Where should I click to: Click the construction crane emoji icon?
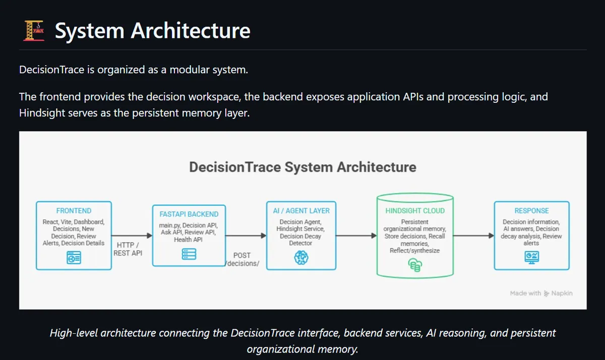[34, 31]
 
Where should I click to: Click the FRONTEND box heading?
[74, 211]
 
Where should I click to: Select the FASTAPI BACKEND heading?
[189, 214]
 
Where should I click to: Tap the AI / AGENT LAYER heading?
[301, 211]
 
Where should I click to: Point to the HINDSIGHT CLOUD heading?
[415, 211]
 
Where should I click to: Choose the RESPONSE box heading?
[531, 211]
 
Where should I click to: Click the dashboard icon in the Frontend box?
[74, 258]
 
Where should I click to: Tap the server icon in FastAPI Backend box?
[189, 254]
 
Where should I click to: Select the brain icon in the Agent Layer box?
[301, 257]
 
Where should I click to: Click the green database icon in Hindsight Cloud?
[415, 265]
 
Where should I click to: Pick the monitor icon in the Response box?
[531, 257]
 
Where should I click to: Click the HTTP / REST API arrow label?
[128, 249]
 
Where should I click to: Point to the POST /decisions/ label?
[242, 259]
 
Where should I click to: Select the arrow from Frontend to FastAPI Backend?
[132, 235]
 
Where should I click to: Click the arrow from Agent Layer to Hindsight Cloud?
[356, 235]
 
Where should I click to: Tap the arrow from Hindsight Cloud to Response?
[473, 235]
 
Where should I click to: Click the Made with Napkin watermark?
[541, 293]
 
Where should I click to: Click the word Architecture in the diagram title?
[377, 167]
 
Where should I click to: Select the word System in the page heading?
[90, 31]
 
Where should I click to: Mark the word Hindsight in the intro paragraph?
[42, 113]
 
